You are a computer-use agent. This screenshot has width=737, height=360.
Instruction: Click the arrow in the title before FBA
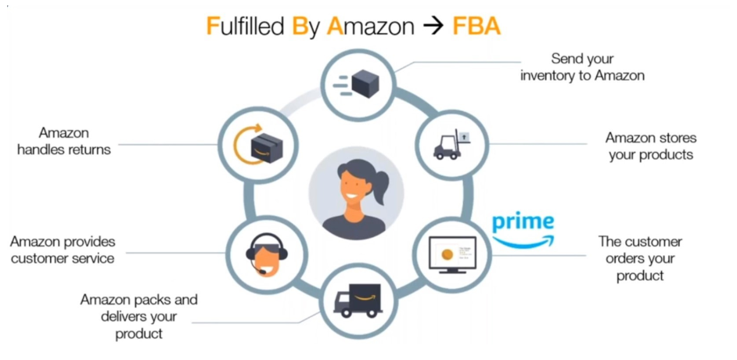click(433, 27)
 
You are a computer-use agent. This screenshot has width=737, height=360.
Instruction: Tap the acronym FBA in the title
click(476, 27)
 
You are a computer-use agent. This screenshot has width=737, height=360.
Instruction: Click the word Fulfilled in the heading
click(245, 27)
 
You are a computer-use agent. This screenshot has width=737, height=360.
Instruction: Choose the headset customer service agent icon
click(263, 251)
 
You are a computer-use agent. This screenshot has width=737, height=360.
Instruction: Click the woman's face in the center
click(351, 186)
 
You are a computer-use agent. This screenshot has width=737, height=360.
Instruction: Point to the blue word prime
click(523, 222)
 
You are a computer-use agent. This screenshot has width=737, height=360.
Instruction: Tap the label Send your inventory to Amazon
click(582, 67)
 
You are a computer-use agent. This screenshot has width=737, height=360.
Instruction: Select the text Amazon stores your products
click(650, 146)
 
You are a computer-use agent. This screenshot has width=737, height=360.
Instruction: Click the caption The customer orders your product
click(640, 258)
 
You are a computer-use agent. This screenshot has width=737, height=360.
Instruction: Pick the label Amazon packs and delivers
click(138, 316)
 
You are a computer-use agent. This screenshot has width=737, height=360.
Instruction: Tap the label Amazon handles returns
click(63, 141)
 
